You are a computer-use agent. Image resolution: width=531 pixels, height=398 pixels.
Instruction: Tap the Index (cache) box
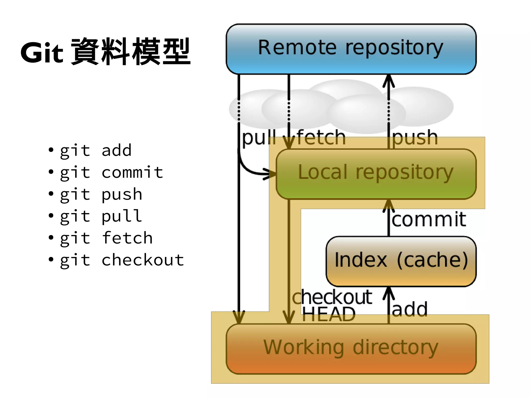pos(401,261)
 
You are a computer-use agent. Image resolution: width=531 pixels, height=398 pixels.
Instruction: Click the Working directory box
pos(351,348)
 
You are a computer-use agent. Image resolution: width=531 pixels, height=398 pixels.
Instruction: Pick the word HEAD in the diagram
pos(329,314)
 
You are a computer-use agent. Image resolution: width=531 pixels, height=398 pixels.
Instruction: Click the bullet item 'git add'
pos(96,150)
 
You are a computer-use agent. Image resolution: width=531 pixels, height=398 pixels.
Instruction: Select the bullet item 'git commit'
pos(111,172)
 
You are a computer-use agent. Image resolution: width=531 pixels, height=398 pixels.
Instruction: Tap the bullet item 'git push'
pos(101,194)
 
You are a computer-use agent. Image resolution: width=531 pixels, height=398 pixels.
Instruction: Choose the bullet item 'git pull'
pos(101,216)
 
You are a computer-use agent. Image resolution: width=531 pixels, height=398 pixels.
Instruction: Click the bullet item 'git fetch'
pos(106,238)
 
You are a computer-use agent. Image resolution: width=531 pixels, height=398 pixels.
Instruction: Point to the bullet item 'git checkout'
pos(122,260)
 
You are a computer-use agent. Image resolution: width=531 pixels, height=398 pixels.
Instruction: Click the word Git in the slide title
pos(42,53)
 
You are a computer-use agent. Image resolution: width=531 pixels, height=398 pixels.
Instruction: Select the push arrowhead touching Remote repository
pos(388,80)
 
